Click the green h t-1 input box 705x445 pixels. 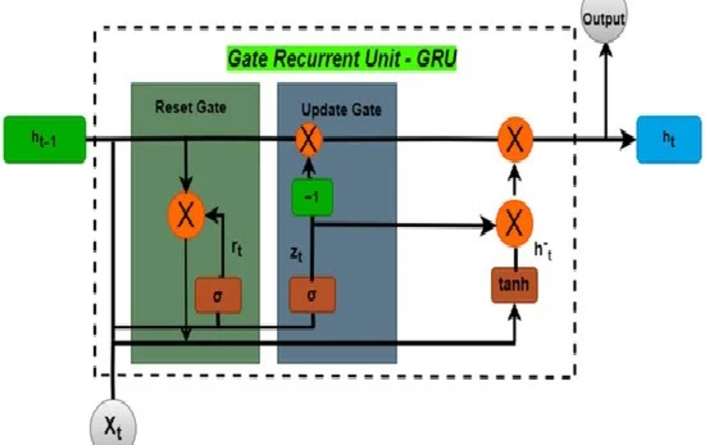44,139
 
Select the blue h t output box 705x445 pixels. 668,139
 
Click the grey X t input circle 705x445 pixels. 114,427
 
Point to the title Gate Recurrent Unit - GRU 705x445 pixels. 341,60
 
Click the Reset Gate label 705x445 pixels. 190,107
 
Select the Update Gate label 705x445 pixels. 341,110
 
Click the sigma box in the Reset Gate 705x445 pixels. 218,295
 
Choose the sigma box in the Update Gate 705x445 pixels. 312,295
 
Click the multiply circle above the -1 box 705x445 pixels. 309,140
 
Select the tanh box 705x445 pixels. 514,285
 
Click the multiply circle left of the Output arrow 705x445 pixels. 514,140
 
